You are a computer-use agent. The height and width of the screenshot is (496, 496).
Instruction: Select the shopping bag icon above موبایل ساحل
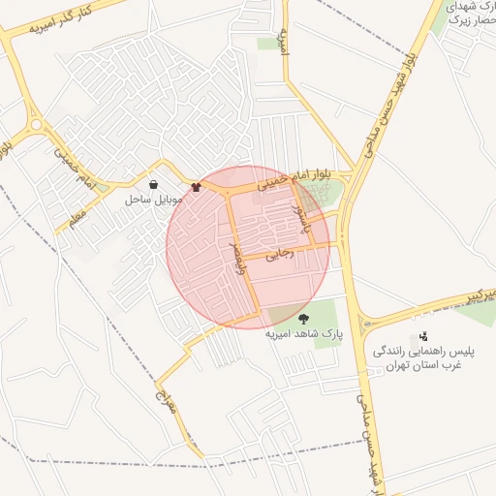154,184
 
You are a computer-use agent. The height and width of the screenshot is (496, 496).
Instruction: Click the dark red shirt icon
198,187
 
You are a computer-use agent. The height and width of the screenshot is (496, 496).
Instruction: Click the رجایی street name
277,256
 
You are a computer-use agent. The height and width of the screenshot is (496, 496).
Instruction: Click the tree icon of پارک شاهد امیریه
303,318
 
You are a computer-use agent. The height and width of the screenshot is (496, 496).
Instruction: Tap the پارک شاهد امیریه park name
304,334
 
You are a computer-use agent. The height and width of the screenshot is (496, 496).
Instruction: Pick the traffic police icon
422,337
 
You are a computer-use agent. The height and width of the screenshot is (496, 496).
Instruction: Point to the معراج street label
168,396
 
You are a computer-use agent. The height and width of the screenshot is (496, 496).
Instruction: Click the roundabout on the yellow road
36,124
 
